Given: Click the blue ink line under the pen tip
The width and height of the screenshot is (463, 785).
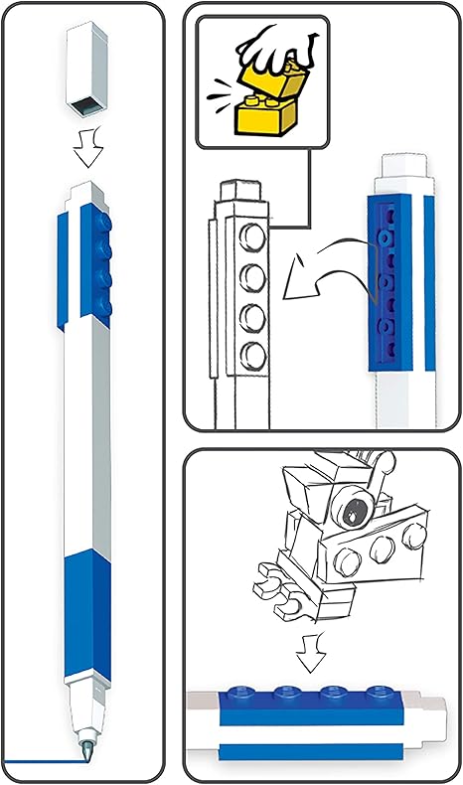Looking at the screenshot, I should [40, 762].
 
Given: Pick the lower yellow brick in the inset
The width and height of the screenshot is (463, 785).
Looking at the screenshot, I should [262, 117].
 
